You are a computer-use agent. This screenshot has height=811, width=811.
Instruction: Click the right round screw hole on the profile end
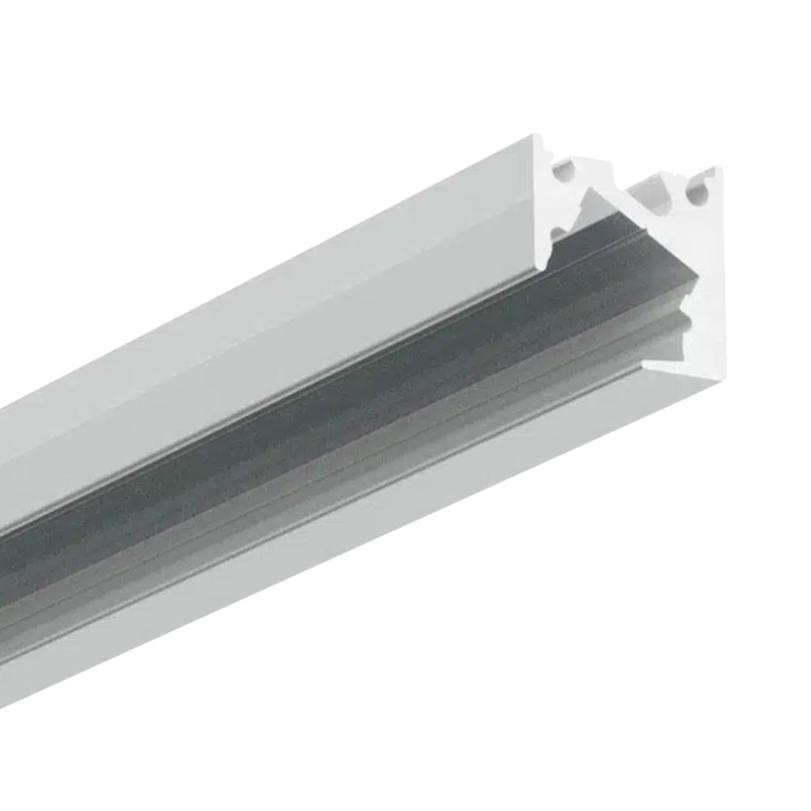(x=694, y=195)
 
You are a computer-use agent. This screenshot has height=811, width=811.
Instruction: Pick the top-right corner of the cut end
(x=717, y=169)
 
